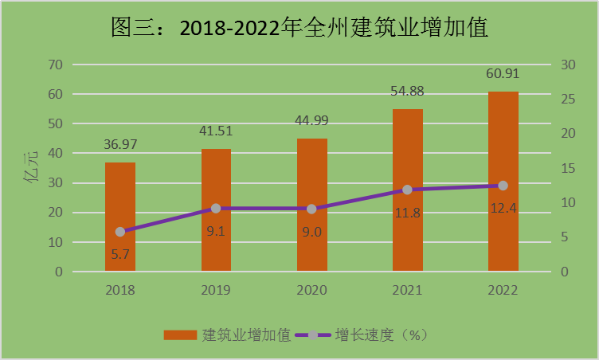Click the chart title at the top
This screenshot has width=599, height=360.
tap(299, 29)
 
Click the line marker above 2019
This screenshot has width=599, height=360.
tap(216, 209)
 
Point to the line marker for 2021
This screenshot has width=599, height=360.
tap(407, 190)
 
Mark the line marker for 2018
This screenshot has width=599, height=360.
tap(120, 232)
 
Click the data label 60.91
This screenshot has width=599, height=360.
tap(503, 75)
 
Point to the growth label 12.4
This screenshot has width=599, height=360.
tap(503, 209)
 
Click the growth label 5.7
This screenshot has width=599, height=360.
tap(120, 255)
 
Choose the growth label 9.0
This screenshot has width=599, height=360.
tap(311, 232)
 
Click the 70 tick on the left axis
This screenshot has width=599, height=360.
tap(54, 65)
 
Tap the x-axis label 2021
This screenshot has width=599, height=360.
tap(407, 290)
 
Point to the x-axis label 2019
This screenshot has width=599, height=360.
tap(216, 290)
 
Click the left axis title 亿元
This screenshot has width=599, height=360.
tap(32, 169)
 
